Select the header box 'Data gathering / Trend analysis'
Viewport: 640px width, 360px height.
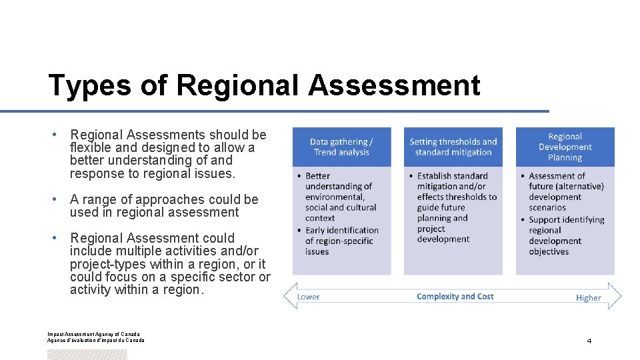click(341, 147)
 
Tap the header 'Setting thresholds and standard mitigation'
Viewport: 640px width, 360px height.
click(453, 147)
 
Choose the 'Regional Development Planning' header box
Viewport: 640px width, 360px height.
click(565, 147)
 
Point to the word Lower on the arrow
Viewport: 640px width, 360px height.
click(309, 297)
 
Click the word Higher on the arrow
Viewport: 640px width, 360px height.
click(589, 298)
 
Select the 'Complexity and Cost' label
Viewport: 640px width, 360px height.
click(455, 297)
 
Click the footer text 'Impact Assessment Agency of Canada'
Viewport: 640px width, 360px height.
click(93, 334)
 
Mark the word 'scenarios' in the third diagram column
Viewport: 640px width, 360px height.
click(547, 207)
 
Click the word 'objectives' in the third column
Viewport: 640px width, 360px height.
click(549, 251)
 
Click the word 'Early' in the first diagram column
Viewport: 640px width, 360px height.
click(317, 231)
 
